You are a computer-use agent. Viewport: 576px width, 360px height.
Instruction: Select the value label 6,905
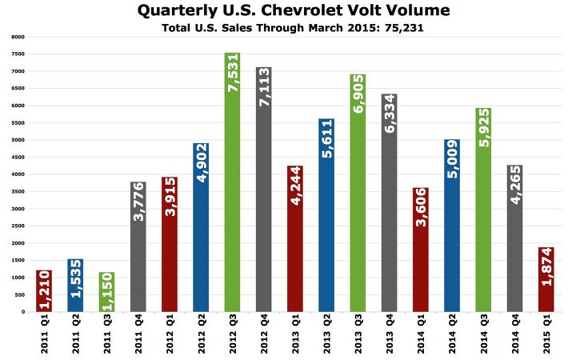pos(358,93)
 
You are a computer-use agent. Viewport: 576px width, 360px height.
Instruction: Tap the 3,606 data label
pos(420,208)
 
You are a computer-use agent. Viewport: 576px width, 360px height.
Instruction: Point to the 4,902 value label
pos(201,163)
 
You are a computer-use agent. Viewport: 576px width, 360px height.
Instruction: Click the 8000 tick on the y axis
pos(17,37)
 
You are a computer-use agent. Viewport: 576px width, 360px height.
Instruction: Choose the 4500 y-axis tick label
pos(17,157)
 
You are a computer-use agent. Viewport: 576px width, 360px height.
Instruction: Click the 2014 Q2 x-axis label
pos(451,334)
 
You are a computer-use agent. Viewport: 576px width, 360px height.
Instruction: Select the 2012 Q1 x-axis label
pos(169,334)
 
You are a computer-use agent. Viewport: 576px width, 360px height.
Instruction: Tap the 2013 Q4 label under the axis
pos(389,334)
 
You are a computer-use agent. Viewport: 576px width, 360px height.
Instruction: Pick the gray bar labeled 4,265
pos(514,256)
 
